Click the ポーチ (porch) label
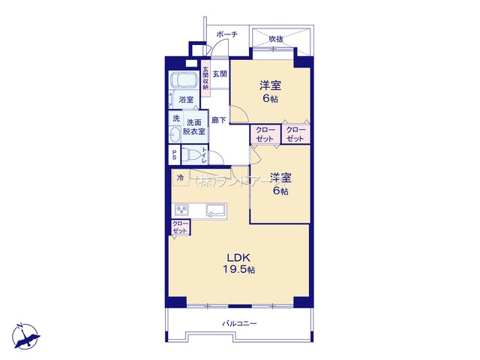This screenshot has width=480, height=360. [x=226, y=34]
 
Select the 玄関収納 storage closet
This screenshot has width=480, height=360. [x=205, y=78]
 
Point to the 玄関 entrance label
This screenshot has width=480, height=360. [x=219, y=73]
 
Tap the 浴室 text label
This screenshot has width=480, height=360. [x=185, y=99]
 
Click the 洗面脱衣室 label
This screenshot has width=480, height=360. [x=195, y=126]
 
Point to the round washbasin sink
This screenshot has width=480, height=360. [x=176, y=135]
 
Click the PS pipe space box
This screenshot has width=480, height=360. [x=175, y=155]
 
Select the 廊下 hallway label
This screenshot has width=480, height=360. [x=219, y=120]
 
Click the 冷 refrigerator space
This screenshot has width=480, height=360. [x=180, y=178]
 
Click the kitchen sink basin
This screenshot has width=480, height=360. [x=217, y=210]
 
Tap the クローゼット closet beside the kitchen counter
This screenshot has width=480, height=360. [x=180, y=227]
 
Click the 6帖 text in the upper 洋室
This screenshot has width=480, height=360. [x=270, y=99]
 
